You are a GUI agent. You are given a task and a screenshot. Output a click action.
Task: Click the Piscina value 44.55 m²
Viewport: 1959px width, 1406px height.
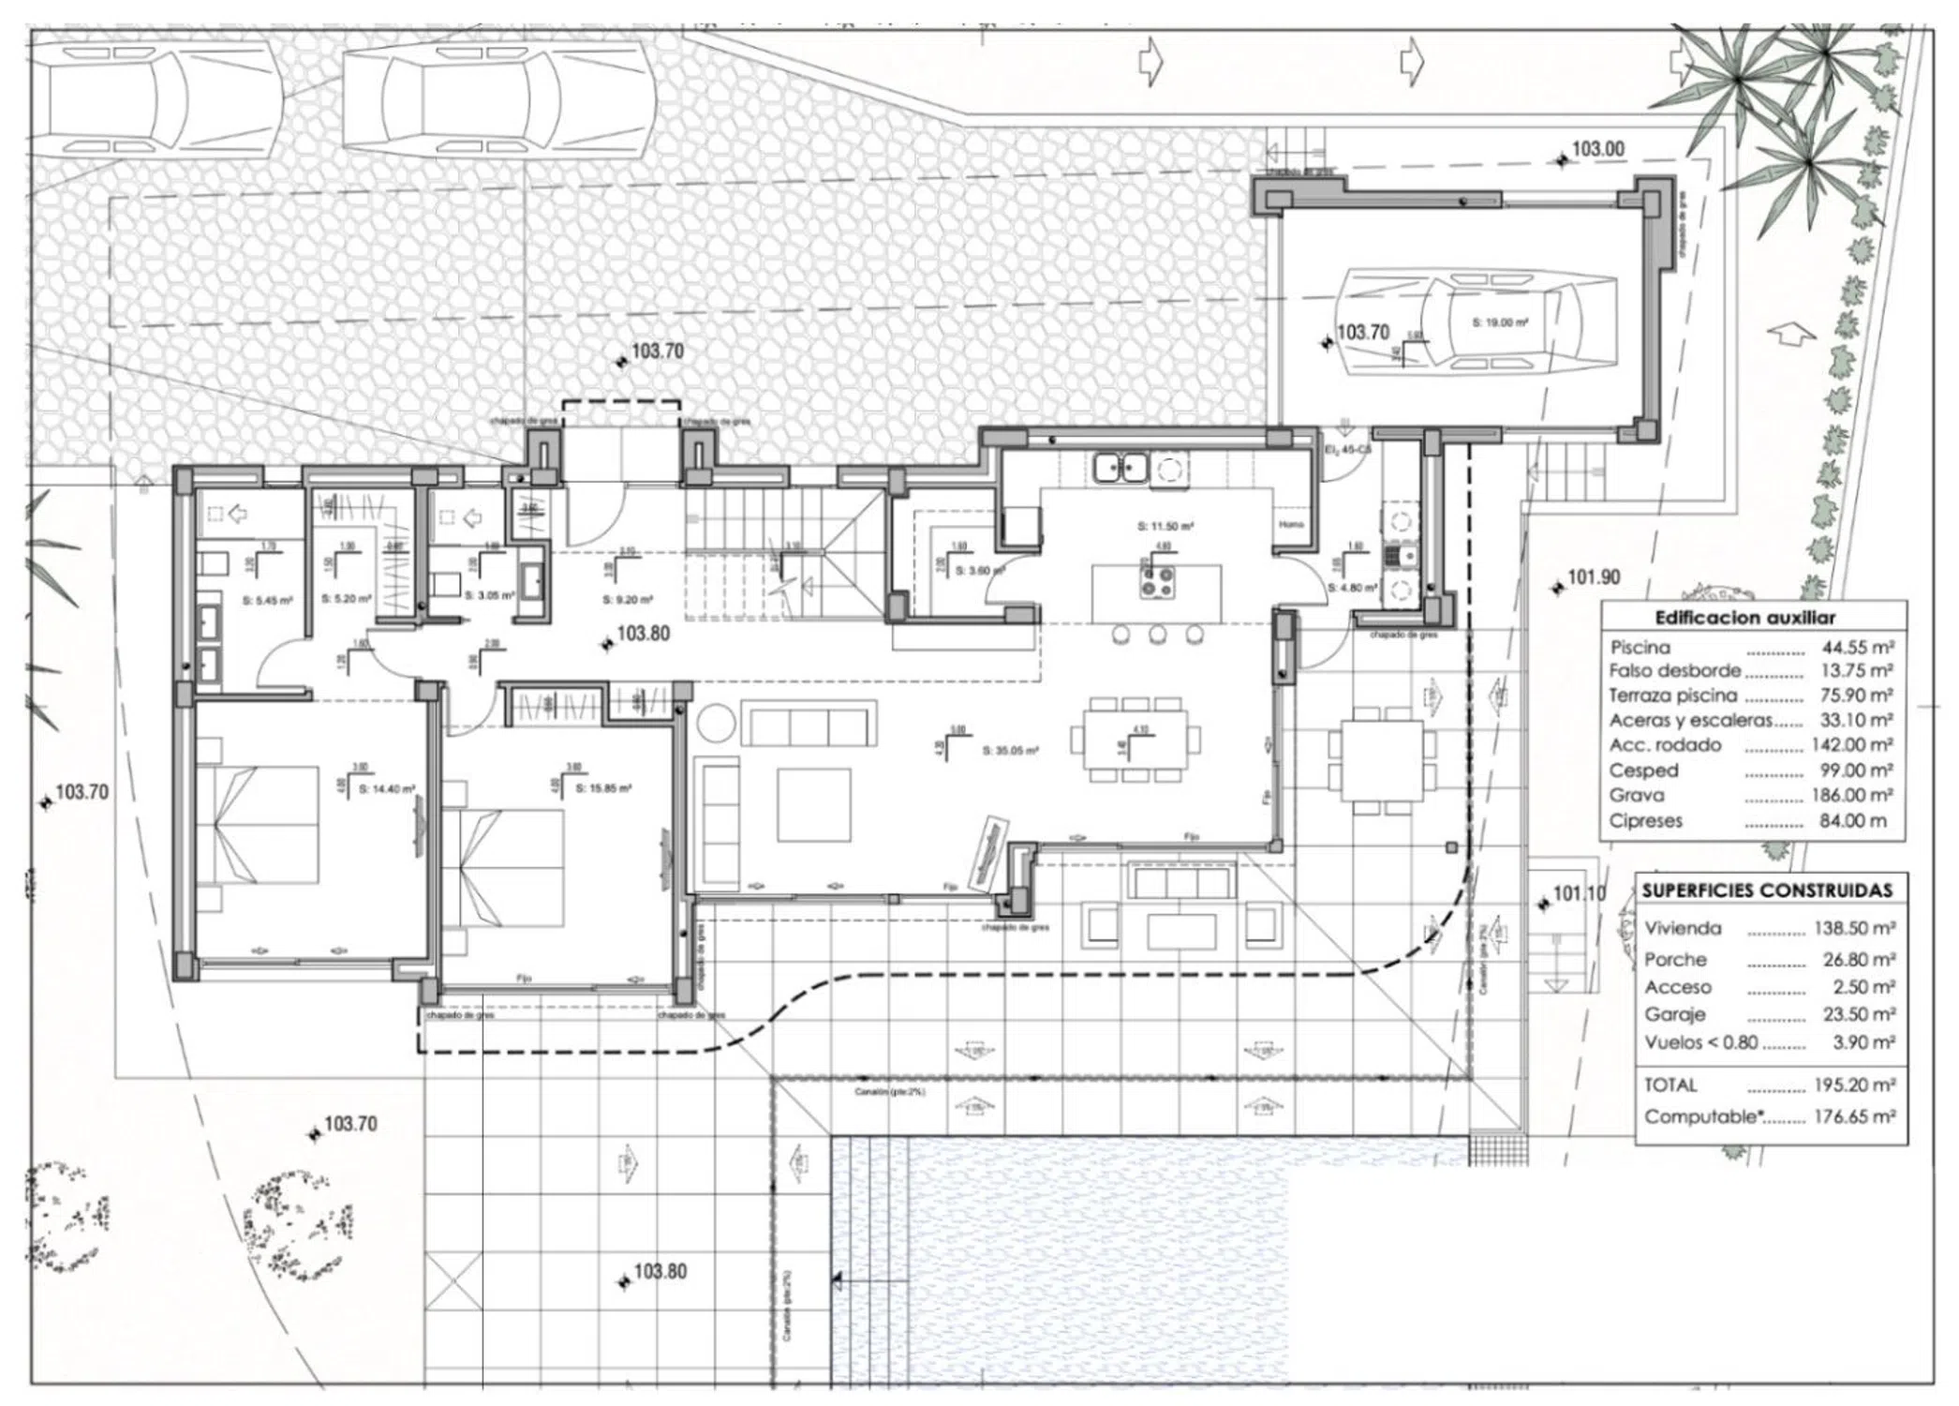click(x=1858, y=647)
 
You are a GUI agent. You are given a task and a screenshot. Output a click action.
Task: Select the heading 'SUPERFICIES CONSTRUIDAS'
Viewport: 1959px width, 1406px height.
click(x=1767, y=890)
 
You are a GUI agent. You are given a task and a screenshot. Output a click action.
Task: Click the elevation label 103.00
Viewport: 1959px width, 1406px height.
click(x=1597, y=149)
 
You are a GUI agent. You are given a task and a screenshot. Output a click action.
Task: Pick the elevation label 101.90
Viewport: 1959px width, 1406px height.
click(x=1594, y=577)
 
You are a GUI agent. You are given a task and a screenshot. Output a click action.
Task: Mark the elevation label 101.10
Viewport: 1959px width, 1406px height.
click(x=1579, y=893)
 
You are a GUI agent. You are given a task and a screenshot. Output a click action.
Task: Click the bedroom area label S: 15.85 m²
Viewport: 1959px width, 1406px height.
click(x=603, y=788)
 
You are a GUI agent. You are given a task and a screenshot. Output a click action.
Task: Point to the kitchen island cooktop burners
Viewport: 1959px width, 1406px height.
click(x=1158, y=583)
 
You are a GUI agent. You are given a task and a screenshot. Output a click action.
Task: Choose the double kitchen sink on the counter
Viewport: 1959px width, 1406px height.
click(x=1120, y=466)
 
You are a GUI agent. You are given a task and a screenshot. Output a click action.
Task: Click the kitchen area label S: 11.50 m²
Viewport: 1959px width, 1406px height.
click(x=1165, y=527)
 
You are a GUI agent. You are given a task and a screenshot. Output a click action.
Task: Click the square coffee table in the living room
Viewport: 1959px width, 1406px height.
click(x=813, y=804)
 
